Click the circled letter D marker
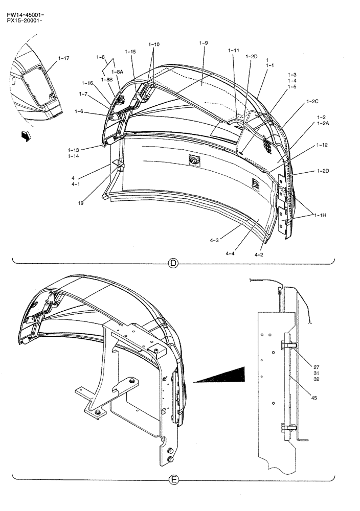(x=173, y=264)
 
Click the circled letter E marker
(x=174, y=480)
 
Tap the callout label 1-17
(x=64, y=59)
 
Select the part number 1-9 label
(x=203, y=43)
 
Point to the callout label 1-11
(x=233, y=51)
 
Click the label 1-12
(x=322, y=145)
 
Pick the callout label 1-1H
(x=321, y=216)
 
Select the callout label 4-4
(x=231, y=252)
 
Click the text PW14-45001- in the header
(x=22, y=6)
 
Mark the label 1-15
(x=130, y=52)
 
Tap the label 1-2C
(x=312, y=102)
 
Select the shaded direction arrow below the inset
(x=24, y=136)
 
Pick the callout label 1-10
(x=154, y=44)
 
